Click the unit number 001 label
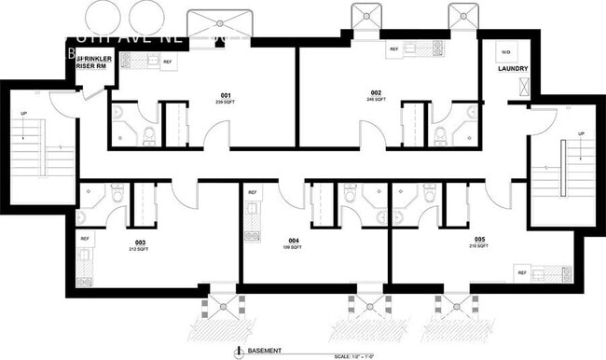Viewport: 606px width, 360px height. pos(226,95)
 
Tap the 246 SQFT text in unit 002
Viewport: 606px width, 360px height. pos(376,100)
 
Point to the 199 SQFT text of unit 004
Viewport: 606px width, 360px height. pos(294,248)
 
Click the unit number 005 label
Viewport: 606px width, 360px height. pos(478,240)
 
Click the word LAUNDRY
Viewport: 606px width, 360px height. pos(513,68)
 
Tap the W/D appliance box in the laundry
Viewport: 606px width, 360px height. pos(505,51)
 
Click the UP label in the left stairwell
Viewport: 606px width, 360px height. pos(23,115)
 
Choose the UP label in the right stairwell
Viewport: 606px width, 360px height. pos(581,134)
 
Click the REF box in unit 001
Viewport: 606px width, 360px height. pos(168,62)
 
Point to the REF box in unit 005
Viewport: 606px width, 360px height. pos(522,273)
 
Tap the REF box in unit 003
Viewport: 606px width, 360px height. pos(85,238)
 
